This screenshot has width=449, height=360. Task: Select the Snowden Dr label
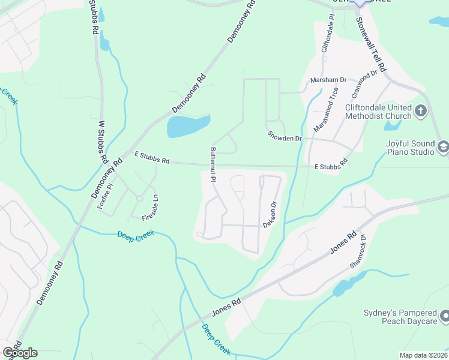click(x=284, y=138)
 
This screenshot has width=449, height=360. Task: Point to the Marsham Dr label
click(x=328, y=80)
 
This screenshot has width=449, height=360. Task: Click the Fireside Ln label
click(x=149, y=206)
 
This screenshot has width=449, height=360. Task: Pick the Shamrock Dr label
click(x=362, y=250)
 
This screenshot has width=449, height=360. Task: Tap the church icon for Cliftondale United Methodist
click(x=420, y=111)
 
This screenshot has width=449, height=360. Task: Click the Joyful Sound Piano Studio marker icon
click(x=443, y=147)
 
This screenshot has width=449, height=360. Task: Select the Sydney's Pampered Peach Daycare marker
click(x=444, y=315)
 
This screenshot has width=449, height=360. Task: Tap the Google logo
click(x=20, y=353)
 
